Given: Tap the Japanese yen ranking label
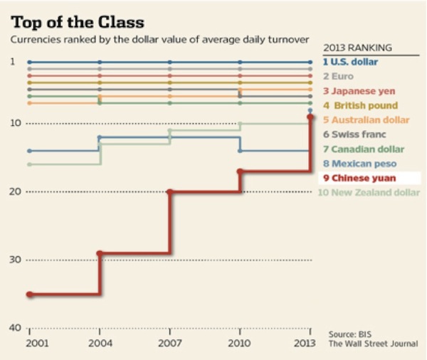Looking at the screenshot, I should pyautogui.click(x=359, y=91).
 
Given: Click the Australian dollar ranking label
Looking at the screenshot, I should pyautogui.click(x=366, y=120).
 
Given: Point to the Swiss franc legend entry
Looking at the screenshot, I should pyautogui.click(x=354, y=134).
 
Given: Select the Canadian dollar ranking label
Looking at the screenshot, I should pyautogui.click(x=364, y=149).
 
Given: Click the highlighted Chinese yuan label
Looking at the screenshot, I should pyautogui.click(x=360, y=179).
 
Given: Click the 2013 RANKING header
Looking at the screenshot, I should pyautogui.click(x=357, y=48).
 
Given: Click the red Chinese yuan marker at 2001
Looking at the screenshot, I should pyautogui.click(x=29, y=295).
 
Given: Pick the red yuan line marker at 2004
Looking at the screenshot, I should pyautogui.click(x=100, y=253).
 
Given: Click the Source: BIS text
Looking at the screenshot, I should pyautogui.click(x=350, y=334).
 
